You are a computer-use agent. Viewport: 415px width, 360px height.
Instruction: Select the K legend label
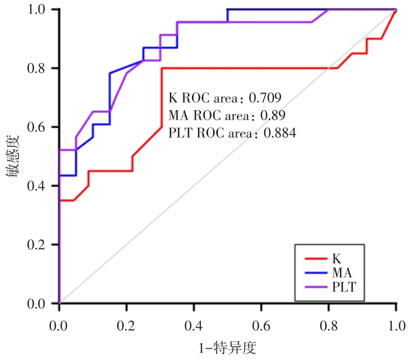337,259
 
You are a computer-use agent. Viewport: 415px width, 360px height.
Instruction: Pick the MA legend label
342,273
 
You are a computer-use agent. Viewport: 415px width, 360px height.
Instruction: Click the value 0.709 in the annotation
265,97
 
